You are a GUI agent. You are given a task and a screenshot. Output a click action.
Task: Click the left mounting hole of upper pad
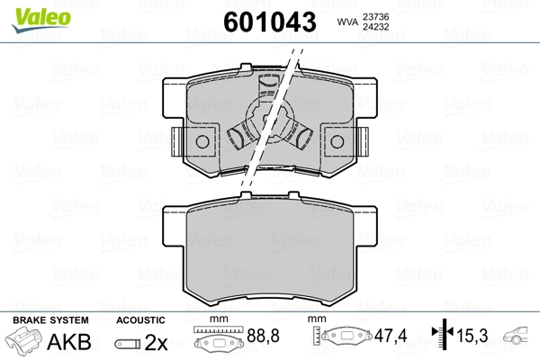pyautogui.click(x=202, y=142)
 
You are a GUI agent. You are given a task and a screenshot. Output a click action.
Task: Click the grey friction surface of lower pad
pyautogui.click(x=270, y=252)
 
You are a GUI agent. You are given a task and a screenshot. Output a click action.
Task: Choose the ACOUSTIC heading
pyautogui.click(x=140, y=320)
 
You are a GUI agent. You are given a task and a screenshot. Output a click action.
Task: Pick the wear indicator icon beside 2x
pyautogui.click(x=128, y=342)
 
